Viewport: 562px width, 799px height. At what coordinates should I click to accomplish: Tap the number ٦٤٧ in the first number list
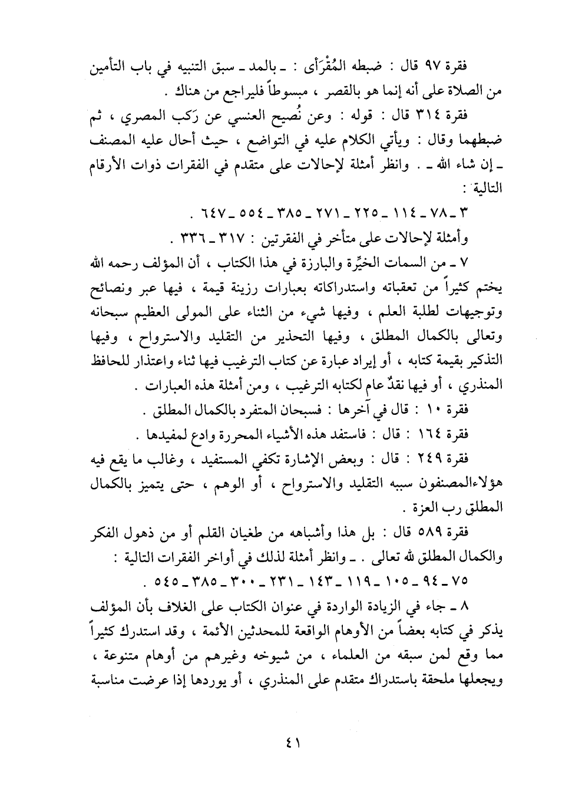coord(207,210)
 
